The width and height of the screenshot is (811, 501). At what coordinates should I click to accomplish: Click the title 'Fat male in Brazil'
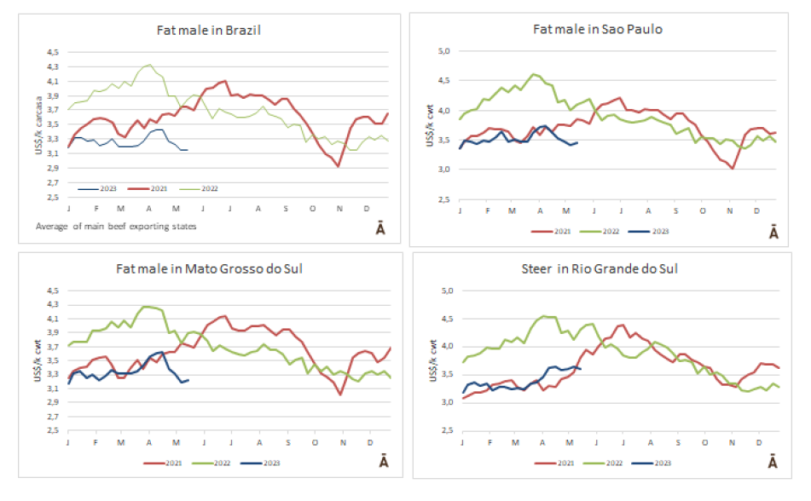click(x=208, y=30)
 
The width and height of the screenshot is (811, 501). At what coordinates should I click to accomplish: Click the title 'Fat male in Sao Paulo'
click(x=598, y=29)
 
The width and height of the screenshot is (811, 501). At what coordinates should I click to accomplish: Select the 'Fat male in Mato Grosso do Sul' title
click(x=209, y=269)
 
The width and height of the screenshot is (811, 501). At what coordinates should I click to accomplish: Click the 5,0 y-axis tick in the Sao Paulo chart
click(x=443, y=51)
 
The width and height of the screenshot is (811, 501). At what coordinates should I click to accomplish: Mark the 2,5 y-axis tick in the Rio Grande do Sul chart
click(x=443, y=429)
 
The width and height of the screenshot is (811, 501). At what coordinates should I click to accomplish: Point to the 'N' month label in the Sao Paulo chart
click(x=729, y=210)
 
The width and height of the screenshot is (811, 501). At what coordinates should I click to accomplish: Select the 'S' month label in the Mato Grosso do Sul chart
click(x=287, y=441)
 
